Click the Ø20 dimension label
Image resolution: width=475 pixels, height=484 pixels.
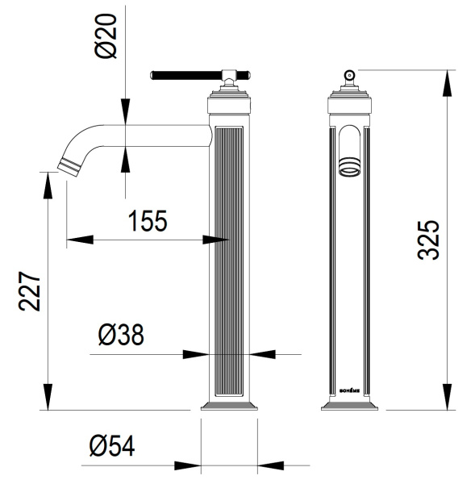pos(106,35)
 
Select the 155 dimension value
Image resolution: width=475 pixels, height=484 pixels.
pos(148,221)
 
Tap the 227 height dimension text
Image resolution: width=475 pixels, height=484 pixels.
pos(29,291)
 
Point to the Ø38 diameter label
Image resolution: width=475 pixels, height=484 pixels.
pos(121,335)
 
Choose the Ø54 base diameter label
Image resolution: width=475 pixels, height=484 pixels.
pos(112,446)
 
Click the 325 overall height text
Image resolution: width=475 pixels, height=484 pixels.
pos(427,240)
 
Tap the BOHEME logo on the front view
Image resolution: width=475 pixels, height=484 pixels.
pos(349,390)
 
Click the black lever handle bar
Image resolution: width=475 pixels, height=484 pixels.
pos(186,75)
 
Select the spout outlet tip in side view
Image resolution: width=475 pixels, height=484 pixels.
pos(69,168)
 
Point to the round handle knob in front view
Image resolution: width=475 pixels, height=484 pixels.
pos(349,75)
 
